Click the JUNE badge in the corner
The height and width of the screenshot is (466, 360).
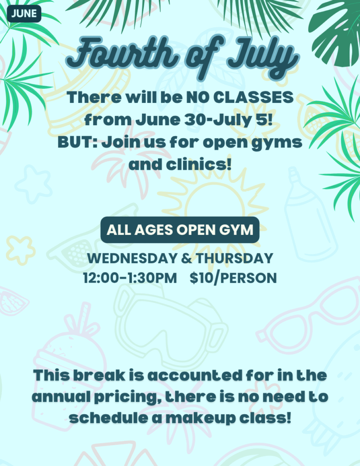pyautogui.click(x=24, y=14)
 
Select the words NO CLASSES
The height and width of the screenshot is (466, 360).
pyautogui.click(x=240, y=97)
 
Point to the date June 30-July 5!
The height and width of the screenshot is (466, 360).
pyautogui.click(x=204, y=120)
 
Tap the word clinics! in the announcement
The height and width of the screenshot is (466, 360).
pyautogui.click(x=198, y=164)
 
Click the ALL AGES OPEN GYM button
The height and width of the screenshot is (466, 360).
pyautogui.click(x=180, y=230)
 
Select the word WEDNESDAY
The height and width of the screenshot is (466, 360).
pyautogui.click(x=132, y=258)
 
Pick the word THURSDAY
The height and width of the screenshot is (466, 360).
pyautogui.click(x=234, y=258)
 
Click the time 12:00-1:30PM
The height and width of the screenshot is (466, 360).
pyautogui.click(x=130, y=278)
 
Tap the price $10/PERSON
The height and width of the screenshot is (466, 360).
pyautogui.click(x=233, y=278)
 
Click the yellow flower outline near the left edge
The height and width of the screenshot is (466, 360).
pyautogui.click(x=20, y=250)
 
